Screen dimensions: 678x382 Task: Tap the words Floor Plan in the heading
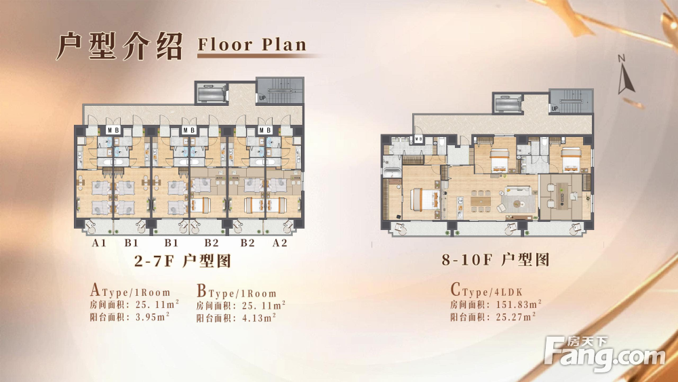(252, 45)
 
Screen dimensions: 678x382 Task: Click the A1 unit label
(98, 243)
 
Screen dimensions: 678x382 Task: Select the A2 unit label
(280, 243)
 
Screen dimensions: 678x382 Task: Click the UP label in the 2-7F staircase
(262, 98)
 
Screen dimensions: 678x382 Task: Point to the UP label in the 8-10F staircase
(555, 109)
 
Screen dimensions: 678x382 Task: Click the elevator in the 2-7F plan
(212, 93)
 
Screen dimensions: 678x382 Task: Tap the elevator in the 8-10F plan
(507, 104)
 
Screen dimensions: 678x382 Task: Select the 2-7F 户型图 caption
(182, 261)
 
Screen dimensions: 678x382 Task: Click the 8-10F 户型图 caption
(495, 260)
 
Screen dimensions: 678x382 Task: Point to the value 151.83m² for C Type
(519, 305)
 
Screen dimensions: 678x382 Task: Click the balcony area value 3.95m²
(152, 317)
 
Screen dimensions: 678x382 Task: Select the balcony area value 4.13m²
(258, 318)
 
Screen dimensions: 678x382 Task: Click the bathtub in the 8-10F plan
(391, 172)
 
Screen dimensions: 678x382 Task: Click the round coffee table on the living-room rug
(517, 204)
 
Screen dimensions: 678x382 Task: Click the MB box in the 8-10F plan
(418, 139)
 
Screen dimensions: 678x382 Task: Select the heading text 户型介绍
(120, 46)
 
